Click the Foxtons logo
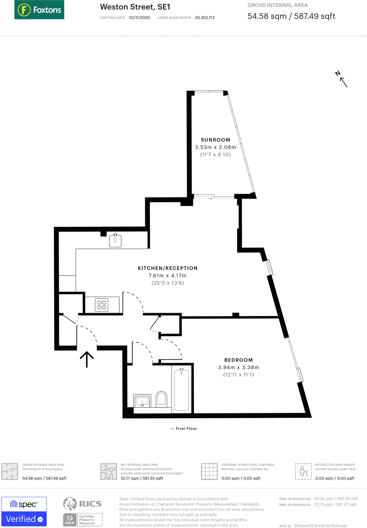(39, 10)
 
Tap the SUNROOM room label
(215, 140)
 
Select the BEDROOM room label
(238, 360)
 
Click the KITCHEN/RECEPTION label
(168, 268)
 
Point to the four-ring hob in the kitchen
(102, 305)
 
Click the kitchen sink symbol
(115, 241)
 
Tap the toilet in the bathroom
(161, 399)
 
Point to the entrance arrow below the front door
(87, 359)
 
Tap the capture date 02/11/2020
(139, 18)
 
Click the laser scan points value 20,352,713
(205, 18)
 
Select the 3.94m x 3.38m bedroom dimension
(238, 367)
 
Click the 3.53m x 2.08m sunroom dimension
(215, 147)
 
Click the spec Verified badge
(24, 511)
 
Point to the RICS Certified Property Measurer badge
(83, 519)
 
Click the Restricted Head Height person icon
(303, 471)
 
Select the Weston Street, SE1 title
(135, 7)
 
